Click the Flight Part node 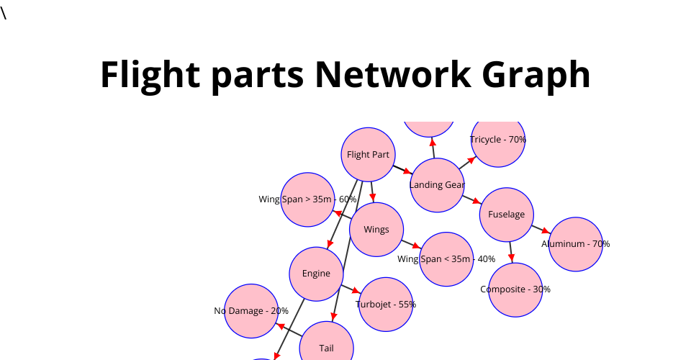click(x=368, y=154)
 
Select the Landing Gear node click(x=437, y=185)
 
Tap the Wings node click(x=376, y=230)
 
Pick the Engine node click(x=316, y=274)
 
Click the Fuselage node click(x=506, y=215)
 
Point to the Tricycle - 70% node click(x=498, y=140)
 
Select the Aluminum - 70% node click(x=575, y=244)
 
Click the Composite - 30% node click(x=515, y=289)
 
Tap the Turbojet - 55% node click(x=386, y=305)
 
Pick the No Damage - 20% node click(x=251, y=311)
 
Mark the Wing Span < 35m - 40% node click(x=446, y=259)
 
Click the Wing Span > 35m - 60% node click(x=307, y=199)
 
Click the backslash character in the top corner click(x=4, y=14)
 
